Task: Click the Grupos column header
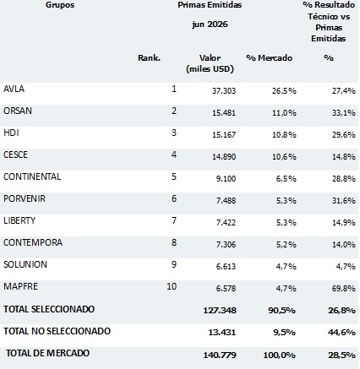click(60, 5)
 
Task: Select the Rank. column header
click(149, 57)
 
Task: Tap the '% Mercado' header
click(270, 57)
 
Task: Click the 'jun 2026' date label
click(210, 24)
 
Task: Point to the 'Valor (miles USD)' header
click(210, 63)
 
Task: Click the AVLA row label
click(14, 89)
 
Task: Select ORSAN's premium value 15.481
click(224, 113)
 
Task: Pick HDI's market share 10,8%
click(284, 135)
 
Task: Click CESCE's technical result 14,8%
click(343, 157)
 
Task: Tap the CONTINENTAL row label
click(32, 176)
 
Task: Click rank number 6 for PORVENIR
click(174, 198)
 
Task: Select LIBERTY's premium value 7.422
click(226, 223)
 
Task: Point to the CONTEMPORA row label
click(33, 242)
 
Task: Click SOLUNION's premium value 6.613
click(226, 267)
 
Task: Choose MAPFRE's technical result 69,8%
click(343, 289)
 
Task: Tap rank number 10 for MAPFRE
click(172, 286)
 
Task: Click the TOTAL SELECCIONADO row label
click(49, 309)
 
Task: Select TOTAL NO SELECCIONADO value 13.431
click(222, 333)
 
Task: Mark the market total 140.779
click(220, 355)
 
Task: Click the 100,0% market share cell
click(280, 355)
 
